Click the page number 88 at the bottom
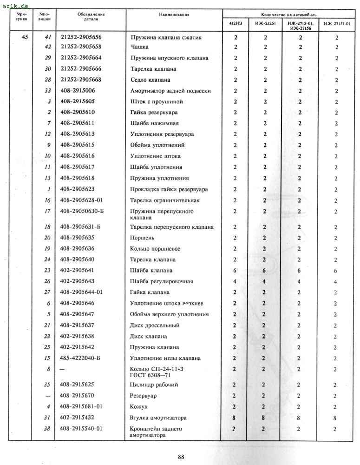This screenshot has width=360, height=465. [181, 456]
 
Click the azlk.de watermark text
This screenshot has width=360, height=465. [15, 5]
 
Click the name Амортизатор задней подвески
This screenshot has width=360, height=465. [170, 91]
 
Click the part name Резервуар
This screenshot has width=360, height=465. [143, 396]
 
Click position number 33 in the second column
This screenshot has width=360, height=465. [47, 91]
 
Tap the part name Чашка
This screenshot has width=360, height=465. [138, 47]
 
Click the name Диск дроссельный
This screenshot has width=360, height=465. [154, 325]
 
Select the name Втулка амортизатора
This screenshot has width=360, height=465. [158, 418]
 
